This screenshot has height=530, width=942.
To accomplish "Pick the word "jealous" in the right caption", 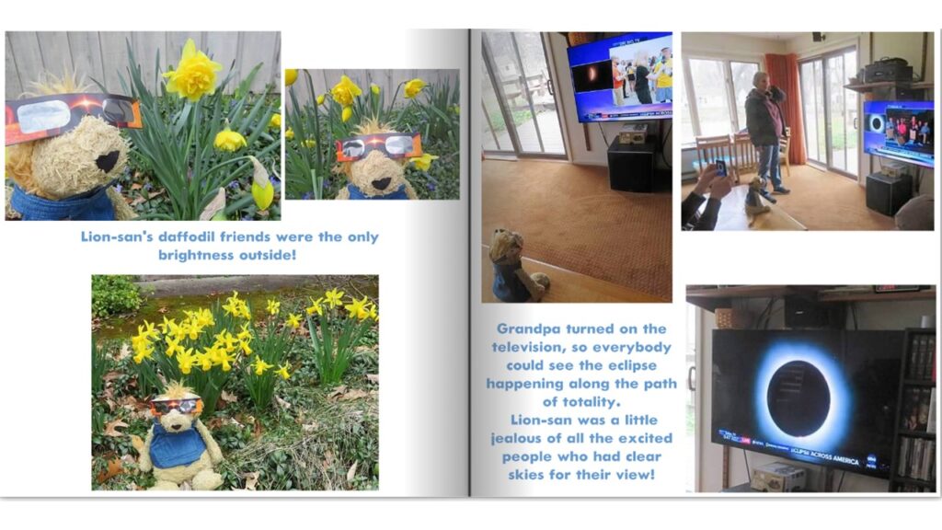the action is (519, 439).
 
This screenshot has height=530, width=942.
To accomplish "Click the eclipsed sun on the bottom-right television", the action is (799, 399).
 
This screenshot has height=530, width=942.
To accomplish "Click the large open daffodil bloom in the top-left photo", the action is (192, 72).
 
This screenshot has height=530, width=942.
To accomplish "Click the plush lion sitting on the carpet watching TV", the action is (513, 265).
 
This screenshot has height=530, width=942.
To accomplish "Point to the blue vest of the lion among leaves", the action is (176, 445).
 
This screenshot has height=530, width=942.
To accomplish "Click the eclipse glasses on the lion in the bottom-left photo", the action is (177, 406).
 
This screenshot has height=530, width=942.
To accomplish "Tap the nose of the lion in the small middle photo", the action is (381, 183).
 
